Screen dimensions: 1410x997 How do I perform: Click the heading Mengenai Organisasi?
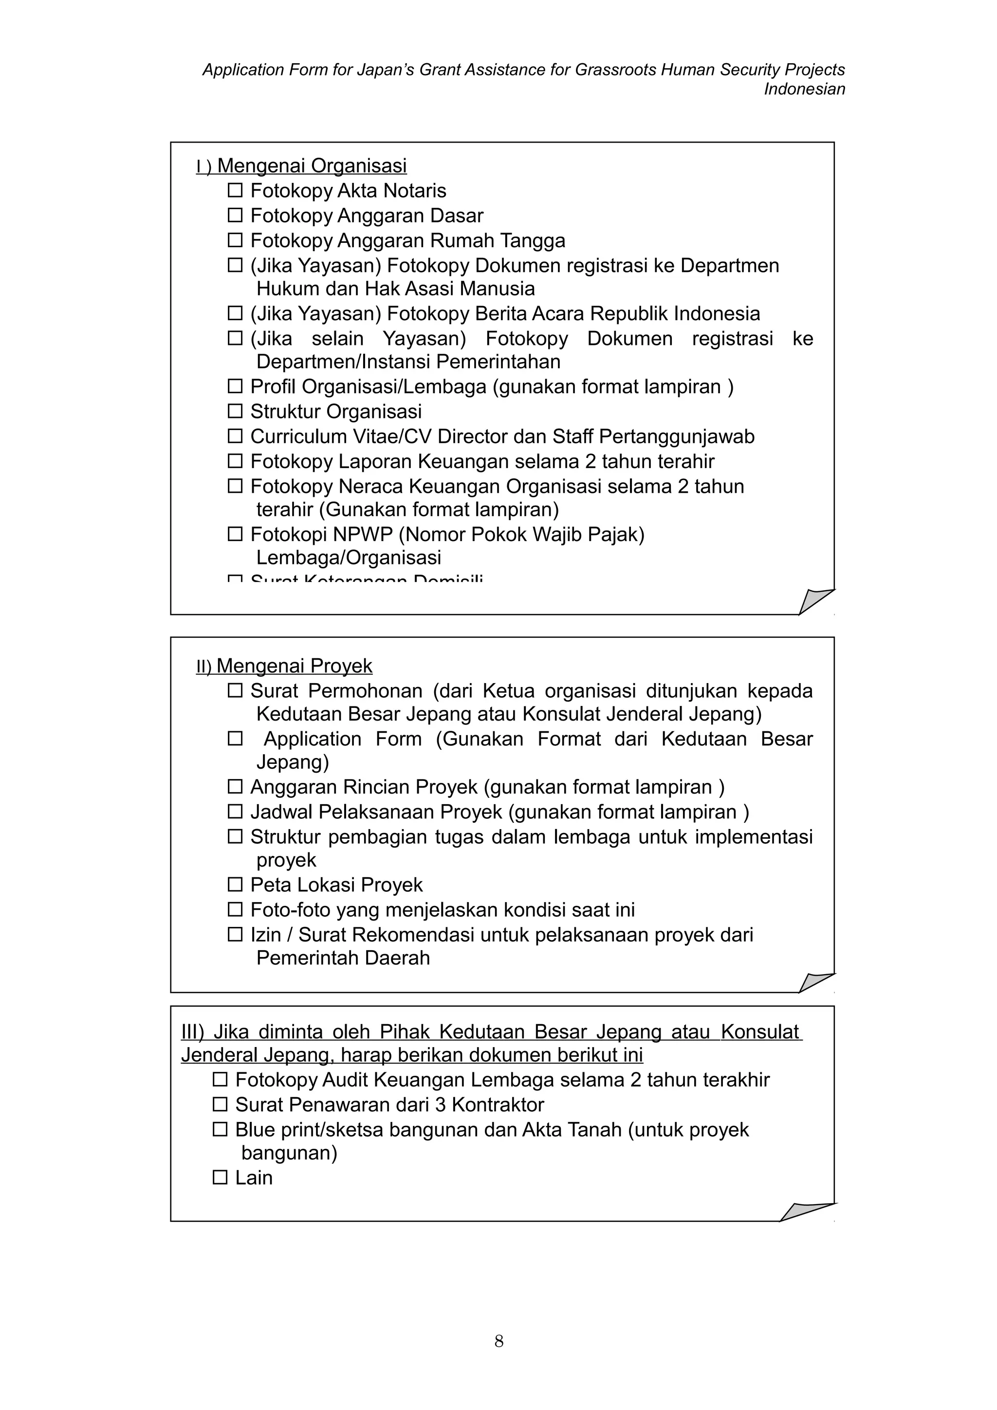point(312,166)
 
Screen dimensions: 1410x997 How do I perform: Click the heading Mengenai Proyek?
point(294,666)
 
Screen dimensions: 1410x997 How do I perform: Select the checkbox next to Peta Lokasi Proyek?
point(235,885)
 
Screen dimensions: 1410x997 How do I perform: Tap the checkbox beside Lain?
point(220,1177)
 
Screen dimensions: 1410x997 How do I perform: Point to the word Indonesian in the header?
point(804,89)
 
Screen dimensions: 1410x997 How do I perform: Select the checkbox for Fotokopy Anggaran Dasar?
point(235,215)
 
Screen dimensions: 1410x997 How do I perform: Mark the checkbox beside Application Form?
point(235,738)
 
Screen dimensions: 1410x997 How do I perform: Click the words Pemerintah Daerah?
point(343,958)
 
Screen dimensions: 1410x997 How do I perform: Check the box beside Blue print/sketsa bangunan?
point(220,1129)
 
